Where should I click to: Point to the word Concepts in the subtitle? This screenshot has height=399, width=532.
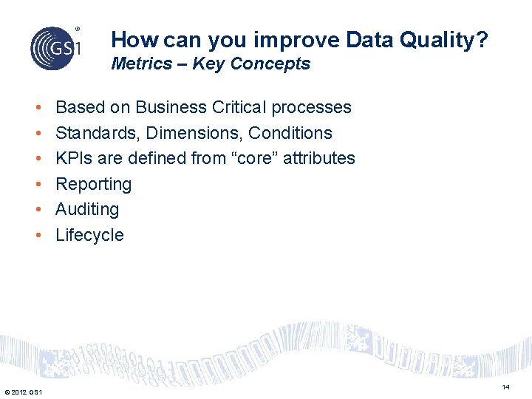point(270,64)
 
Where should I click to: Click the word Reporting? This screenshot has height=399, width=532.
point(94,184)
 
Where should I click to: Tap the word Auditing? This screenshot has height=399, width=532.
point(87,209)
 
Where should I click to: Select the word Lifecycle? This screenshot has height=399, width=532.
point(89,235)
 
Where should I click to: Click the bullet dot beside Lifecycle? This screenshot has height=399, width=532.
point(38,236)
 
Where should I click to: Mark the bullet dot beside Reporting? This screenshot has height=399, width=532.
point(38,185)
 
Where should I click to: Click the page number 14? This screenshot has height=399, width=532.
point(505,387)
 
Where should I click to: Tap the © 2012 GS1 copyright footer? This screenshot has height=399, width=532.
point(23,392)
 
